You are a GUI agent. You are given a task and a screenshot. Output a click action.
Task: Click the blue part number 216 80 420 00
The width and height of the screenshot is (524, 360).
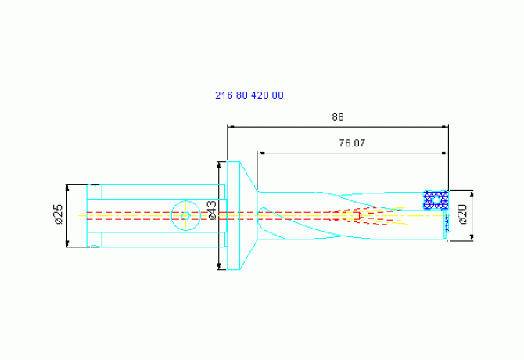(x=249, y=95)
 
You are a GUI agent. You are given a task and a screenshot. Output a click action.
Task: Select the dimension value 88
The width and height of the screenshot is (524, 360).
(x=338, y=117)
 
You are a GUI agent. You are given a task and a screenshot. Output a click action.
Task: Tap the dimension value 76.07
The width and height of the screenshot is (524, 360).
(x=352, y=143)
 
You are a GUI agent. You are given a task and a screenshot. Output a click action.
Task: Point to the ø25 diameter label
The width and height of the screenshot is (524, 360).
(x=59, y=214)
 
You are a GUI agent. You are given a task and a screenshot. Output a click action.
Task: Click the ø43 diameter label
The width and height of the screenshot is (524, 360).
(x=212, y=211)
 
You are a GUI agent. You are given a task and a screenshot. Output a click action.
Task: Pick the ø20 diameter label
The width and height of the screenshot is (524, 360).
(x=463, y=214)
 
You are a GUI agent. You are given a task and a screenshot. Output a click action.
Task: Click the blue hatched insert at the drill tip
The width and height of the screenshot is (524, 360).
(x=436, y=200)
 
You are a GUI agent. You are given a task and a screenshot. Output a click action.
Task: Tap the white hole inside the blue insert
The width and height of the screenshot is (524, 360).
(x=436, y=200)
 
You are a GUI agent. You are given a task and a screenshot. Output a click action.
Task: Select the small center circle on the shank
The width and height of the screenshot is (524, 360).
(x=186, y=215)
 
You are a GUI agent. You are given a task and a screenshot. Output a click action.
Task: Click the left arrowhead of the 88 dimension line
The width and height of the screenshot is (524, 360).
(x=231, y=127)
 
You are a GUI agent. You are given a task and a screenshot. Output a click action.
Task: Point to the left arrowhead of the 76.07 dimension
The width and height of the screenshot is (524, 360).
(x=260, y=153)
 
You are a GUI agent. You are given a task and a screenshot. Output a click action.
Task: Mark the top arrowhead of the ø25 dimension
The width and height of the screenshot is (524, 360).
(x=67, y=188)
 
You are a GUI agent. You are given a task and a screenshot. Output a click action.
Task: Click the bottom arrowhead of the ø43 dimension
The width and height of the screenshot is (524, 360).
(x=219, y=266)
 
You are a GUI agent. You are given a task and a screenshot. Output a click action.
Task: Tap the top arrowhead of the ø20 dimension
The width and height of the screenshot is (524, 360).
(x=472, y=194)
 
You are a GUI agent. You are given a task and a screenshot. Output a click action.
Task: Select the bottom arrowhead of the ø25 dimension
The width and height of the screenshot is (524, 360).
(x=67, y=243)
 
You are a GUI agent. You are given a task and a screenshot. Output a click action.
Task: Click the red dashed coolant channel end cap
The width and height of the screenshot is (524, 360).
(x=359, y=215)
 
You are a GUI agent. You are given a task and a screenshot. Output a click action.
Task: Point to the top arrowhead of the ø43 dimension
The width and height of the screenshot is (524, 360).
(x=219, y=165)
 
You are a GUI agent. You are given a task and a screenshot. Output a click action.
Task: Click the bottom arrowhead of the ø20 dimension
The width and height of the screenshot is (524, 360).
(x=472, y=237)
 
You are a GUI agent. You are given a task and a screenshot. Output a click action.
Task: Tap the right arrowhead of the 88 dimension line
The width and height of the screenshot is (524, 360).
(x=445, y=127)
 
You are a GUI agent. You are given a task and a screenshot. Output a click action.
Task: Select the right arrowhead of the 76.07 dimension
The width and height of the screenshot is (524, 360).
(x=445, y=153)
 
